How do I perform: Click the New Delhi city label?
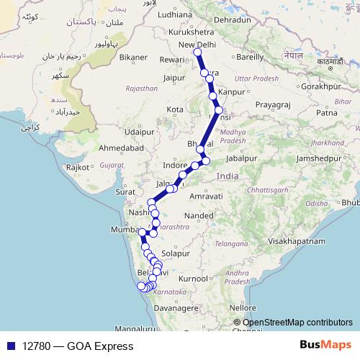click(x=197, y=45)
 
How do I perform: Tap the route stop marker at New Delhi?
click(x=197, y=53)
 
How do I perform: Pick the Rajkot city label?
click(x=77, y=168)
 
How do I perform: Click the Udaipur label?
click(x=139, y=132)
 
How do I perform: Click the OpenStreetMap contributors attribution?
click(x=297, y=323)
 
